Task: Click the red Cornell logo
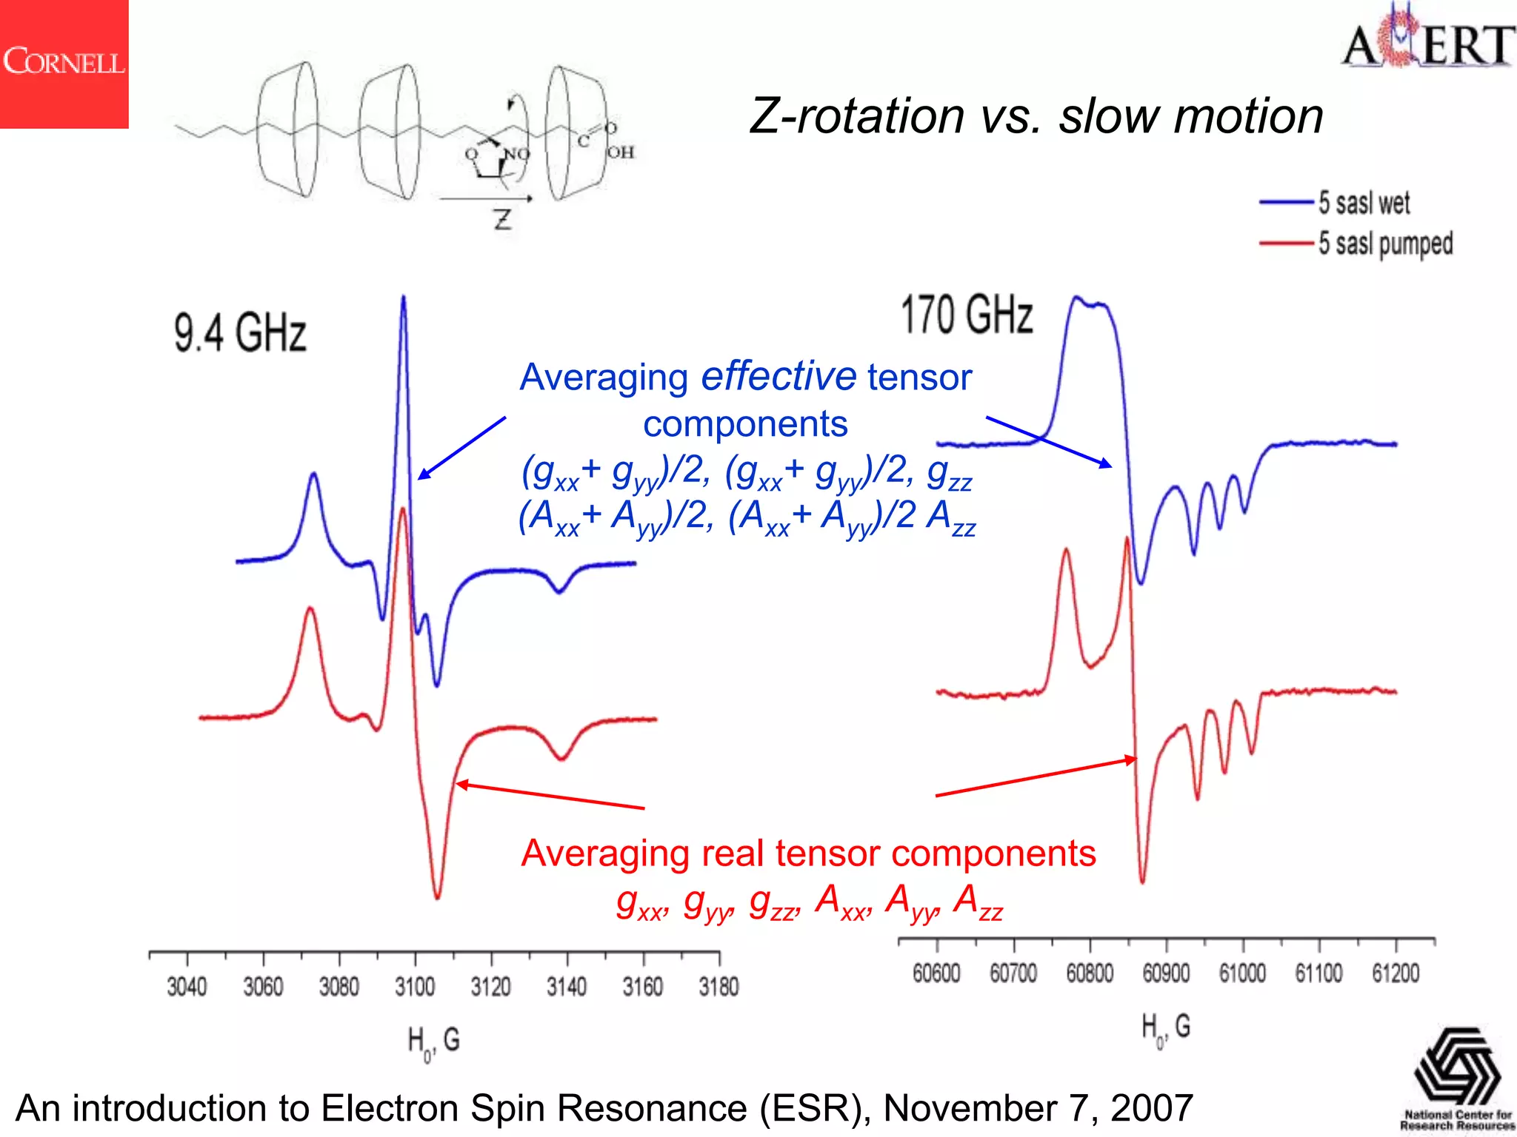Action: tap(64, 64)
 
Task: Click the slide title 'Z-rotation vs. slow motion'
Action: tap(1036, 116)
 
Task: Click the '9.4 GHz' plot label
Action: tap(240, 332)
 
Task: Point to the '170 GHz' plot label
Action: tap(967, 315)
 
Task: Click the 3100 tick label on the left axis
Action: tap(415, 987)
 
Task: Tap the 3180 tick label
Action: tap(719, 987)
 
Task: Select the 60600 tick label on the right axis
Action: tap(936, 973)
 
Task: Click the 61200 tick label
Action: tap(1396, 973)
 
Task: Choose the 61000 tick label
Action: tap(1242, 973)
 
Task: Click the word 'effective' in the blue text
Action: tap(778, 376)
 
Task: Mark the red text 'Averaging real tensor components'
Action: tap(808, 853)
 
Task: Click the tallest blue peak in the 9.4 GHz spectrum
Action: tap(404, 300)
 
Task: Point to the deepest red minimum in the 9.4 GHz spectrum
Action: tap(437, 896)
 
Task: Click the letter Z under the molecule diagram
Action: tap(503, 219)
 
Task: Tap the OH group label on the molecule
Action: tap(621, 152)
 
